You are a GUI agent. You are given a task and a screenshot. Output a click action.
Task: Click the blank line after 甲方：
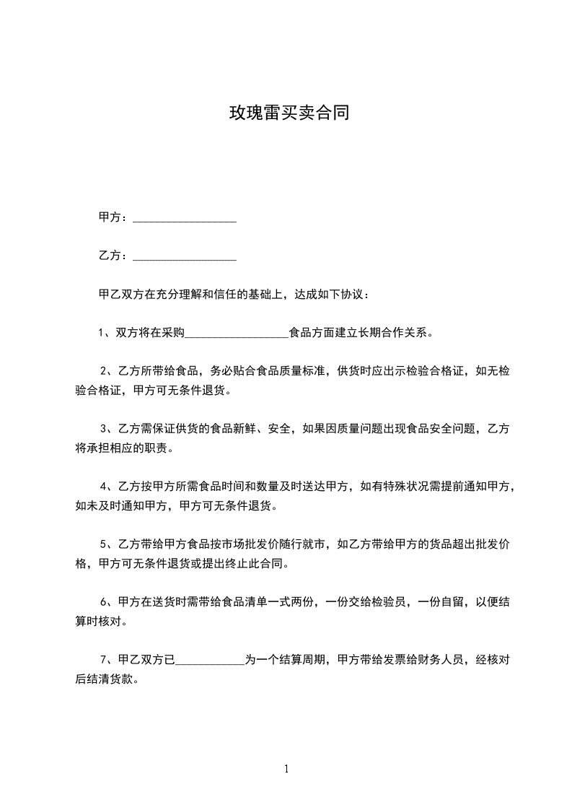click(185, 217)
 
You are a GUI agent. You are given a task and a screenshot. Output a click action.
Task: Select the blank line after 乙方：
click(185, 256)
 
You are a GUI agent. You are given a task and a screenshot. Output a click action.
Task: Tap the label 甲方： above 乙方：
click(114, 217)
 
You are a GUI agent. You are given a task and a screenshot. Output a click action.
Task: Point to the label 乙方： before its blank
click(114, 256)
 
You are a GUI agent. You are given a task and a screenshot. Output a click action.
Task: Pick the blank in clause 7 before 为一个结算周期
click(210, 659)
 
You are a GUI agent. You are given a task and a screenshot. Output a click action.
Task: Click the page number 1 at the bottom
click(286, 769)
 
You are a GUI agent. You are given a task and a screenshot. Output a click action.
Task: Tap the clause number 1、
click(104, 333)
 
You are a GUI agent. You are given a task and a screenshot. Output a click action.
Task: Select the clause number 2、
click(107, 371)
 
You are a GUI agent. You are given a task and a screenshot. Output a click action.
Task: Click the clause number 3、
click(107, 429)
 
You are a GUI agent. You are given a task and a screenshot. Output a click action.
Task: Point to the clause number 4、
click(107, 486)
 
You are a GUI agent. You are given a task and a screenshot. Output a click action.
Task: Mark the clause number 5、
click(107, 544)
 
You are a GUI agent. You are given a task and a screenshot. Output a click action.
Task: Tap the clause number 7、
click(107, 659)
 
